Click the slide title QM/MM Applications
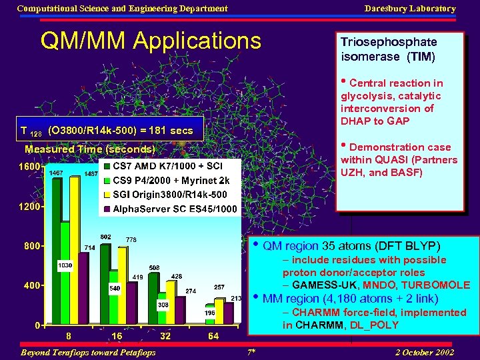[x=151, y=41]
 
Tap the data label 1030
[x=65, y=265]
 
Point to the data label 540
[x=114, y=289]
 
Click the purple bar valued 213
[x=235, y=313]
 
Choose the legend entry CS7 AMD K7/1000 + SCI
[x=167, y=166]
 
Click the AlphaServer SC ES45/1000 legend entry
[x=175, y=209]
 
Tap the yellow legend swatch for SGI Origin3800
[x=107, y=195]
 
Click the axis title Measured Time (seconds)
[x=89, y=149]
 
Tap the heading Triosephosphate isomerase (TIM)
[x=389, y=49]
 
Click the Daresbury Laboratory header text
[x=410, y=9]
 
